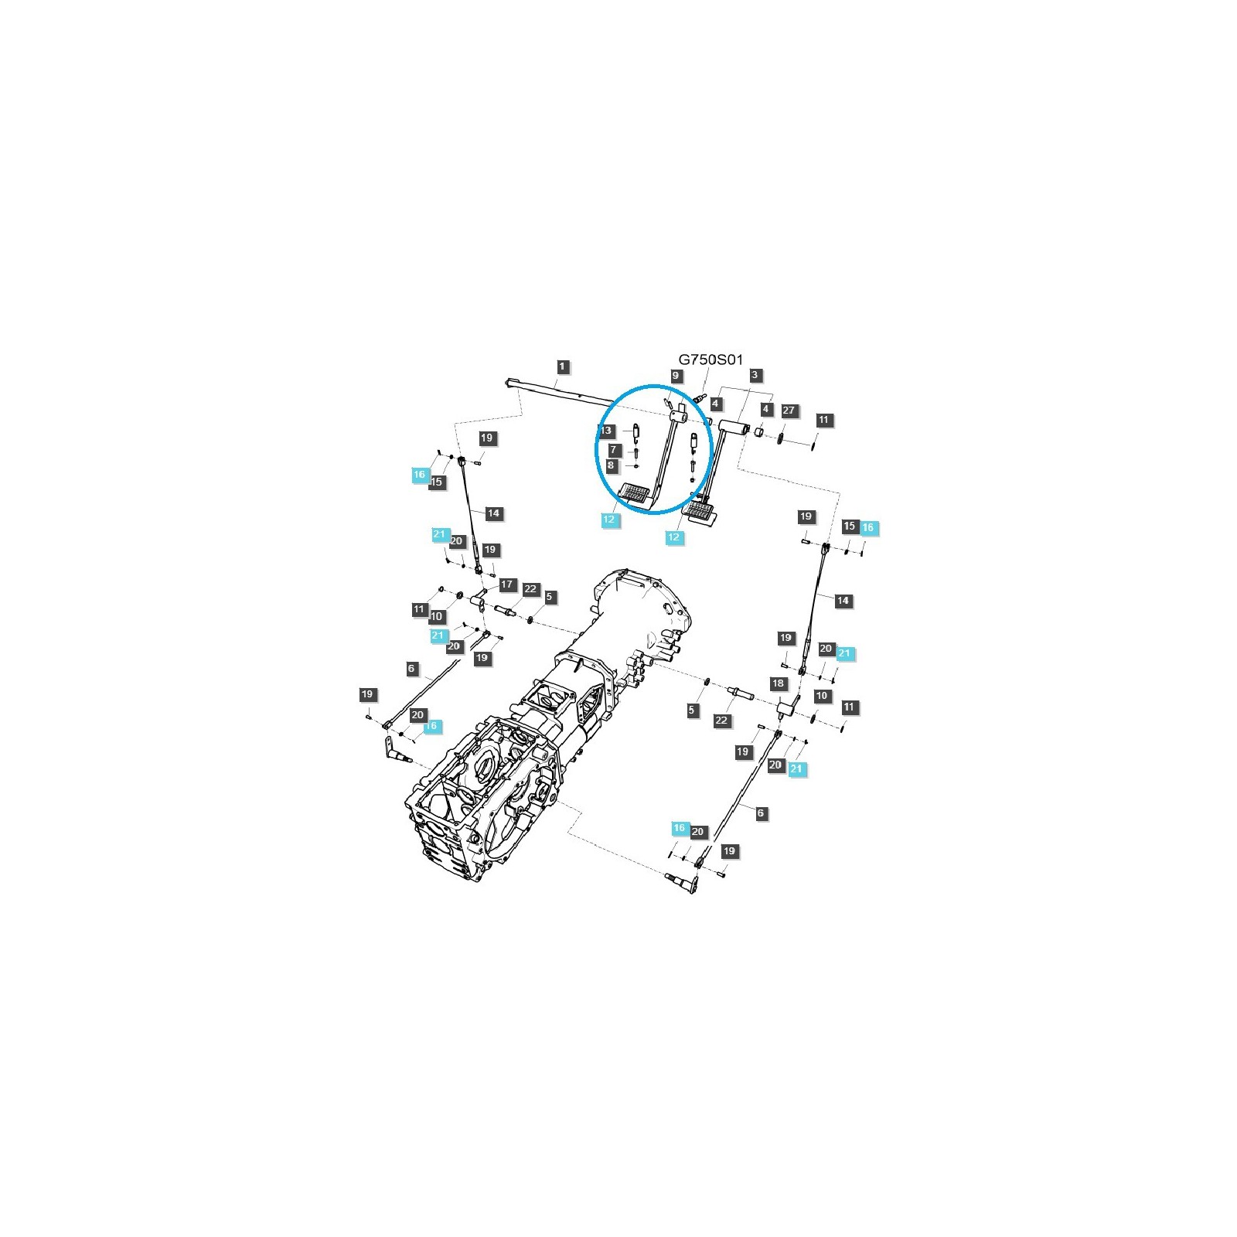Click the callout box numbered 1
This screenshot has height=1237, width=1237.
click(563, 366)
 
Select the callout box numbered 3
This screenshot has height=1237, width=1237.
click(755, 375)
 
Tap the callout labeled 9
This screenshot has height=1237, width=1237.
click(676, 376)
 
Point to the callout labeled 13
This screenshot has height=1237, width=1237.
click(608, 431)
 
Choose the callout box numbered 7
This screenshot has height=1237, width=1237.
click(614, 449)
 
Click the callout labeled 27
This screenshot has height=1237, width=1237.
click(789, 411)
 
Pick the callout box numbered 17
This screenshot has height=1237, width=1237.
click(507, 584)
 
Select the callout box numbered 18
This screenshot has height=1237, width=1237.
click(779, 683)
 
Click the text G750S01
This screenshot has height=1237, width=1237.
click(711, 360)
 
